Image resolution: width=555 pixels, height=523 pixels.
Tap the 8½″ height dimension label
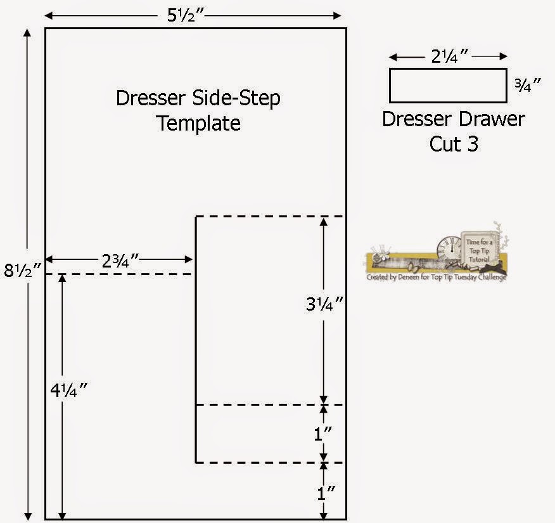23,271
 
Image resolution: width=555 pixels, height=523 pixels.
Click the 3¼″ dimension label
324,305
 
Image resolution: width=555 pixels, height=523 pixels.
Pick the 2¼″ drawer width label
448,56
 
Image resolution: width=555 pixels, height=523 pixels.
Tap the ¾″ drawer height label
528,85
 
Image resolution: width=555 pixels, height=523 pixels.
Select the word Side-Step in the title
238,98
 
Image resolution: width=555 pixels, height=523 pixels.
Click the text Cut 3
454,143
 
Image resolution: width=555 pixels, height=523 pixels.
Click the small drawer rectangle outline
448,86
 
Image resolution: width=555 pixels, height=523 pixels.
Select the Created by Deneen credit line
436,277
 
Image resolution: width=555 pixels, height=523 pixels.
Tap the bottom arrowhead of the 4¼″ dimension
61,515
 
